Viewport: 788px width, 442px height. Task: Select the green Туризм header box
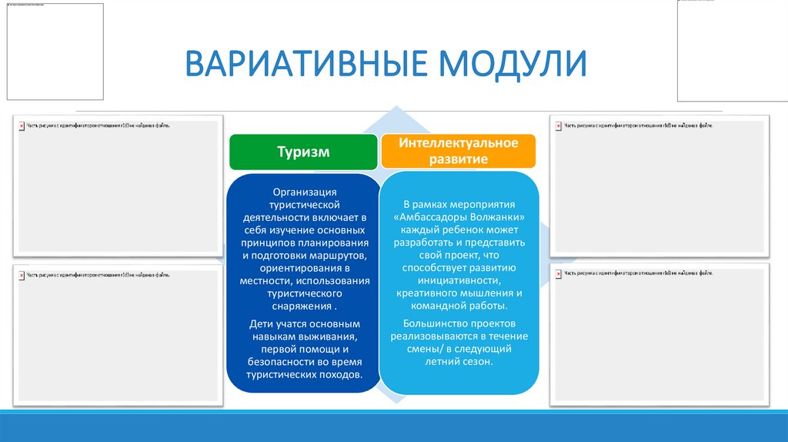click(303, 152)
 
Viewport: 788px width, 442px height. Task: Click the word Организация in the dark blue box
click(303, 193)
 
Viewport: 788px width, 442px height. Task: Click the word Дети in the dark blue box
click(262, 323)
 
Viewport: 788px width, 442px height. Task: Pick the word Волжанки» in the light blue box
click(496, 217)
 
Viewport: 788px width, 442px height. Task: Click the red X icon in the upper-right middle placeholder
click(559, 124)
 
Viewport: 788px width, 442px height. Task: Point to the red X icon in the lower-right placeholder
click(559, 273)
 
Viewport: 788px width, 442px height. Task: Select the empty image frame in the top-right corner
click(732, 51)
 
